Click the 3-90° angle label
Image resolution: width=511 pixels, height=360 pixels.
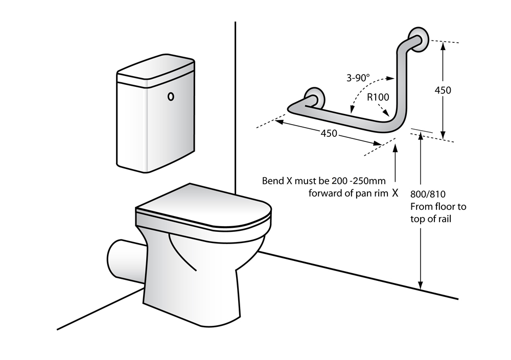[357, 78]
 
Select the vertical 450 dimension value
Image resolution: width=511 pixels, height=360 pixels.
[443, 90]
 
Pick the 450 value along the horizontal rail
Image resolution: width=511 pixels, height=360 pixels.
[329, 133]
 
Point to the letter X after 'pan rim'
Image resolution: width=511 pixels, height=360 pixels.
[395, 193]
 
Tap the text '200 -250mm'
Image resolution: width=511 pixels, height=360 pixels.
[360, 181]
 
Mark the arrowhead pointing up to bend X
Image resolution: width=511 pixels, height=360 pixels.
[396, 148]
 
